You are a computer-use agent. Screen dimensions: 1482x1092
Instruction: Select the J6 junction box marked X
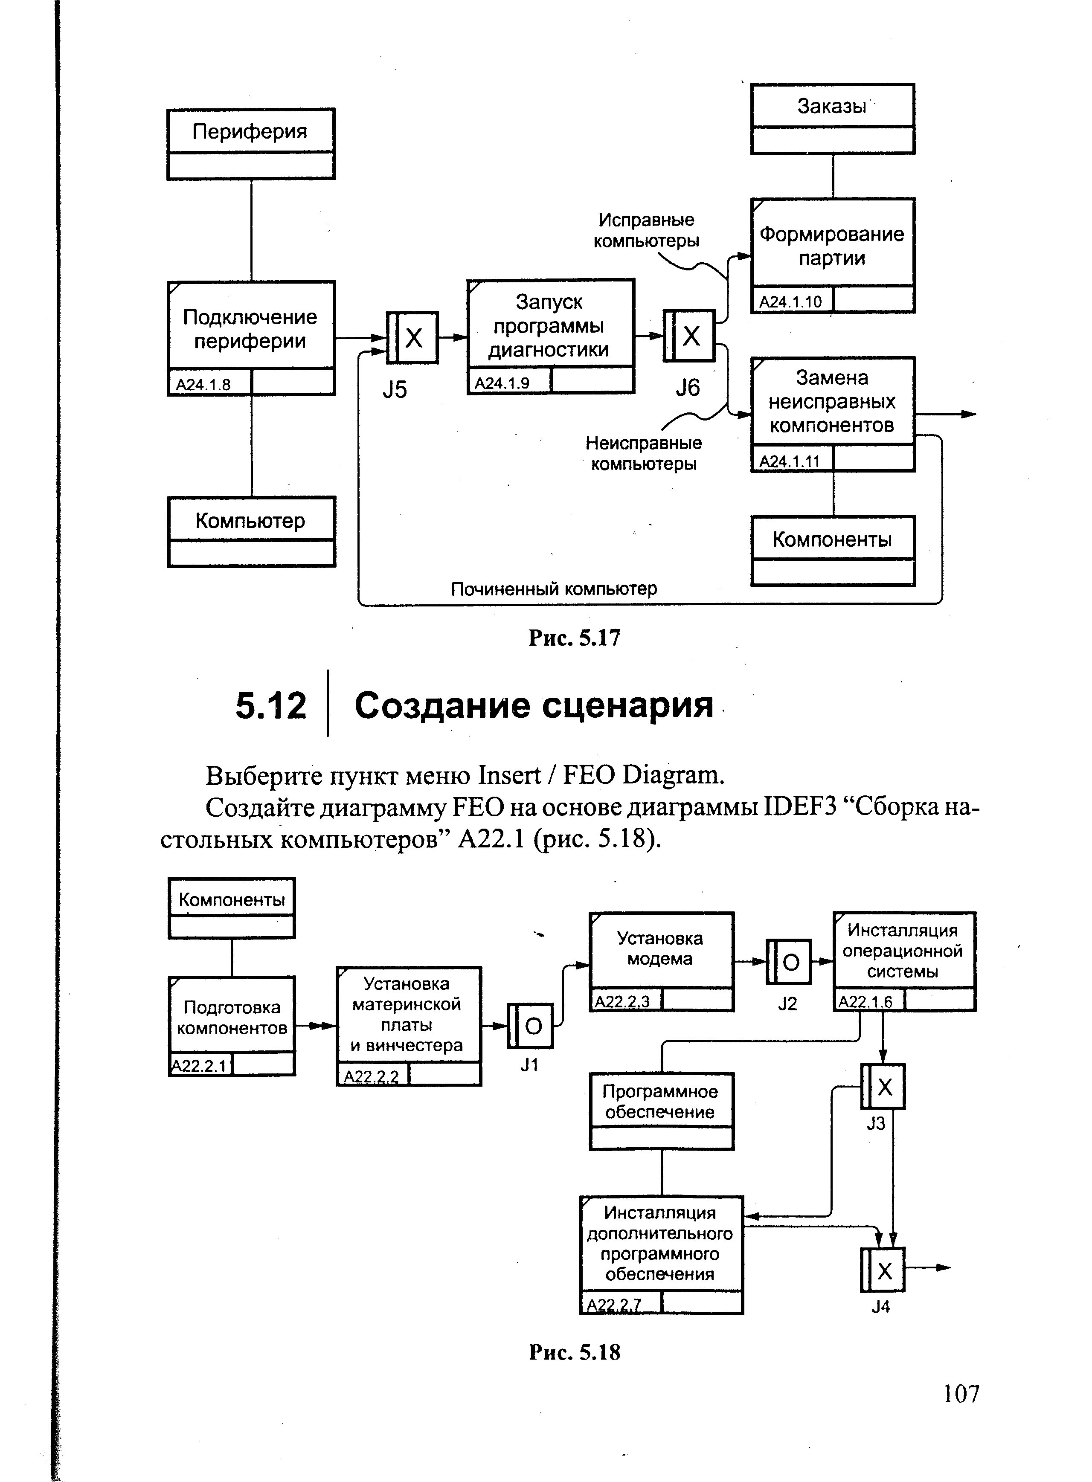click(689, 336)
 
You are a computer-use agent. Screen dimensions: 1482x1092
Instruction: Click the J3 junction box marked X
click(883, 1087)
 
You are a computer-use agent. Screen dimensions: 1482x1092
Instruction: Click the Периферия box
click(250, 143)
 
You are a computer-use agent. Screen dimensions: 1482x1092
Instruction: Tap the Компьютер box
click(251, 532)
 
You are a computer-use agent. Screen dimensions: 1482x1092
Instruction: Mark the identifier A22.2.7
click(614, 1305)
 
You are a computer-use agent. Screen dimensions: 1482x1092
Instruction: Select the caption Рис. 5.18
click(575, 1352)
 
